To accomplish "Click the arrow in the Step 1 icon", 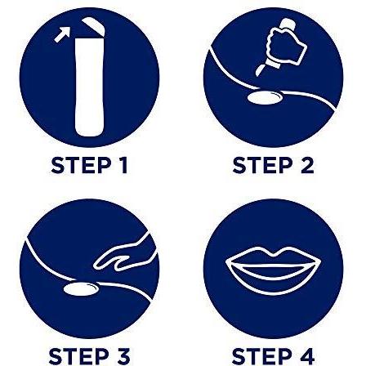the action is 62,34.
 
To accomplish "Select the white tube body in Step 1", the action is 90,87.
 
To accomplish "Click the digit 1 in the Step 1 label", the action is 123,165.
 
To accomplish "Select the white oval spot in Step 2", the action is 264,98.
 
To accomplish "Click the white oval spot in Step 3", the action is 81,289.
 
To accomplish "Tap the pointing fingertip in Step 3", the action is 96,266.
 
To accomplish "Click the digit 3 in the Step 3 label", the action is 122,356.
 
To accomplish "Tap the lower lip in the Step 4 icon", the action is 273,282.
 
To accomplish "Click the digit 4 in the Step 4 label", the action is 306,356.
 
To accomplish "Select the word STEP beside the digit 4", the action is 261,356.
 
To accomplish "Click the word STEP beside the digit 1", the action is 81,165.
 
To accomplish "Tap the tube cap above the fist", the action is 287,25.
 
